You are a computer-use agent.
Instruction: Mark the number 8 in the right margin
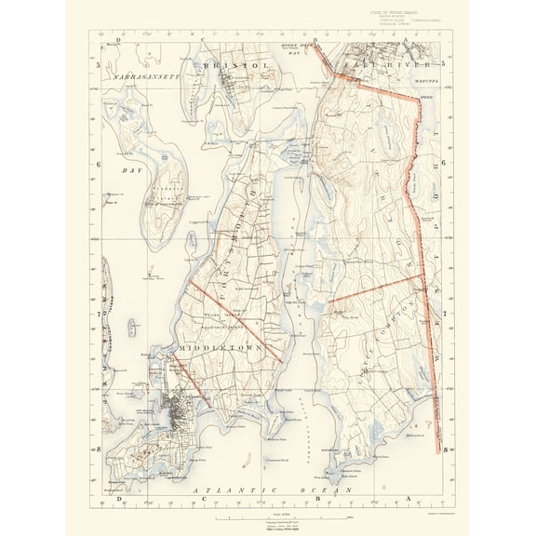tap(447, 449)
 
